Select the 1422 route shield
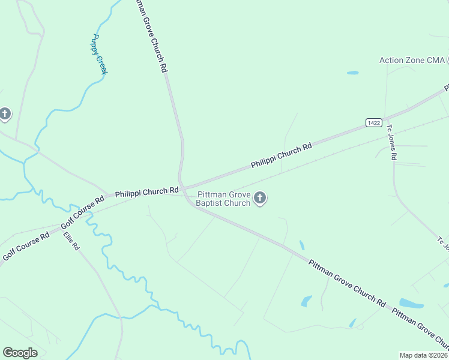(373, 122)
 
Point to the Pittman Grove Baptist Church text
(224, 199)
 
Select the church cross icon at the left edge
(5, 113)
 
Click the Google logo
(20, 353)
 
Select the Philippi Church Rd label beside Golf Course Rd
(147, 191)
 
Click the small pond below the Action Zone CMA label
(352, 73)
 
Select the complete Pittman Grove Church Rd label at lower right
(347, 281)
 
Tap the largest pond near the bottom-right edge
(411, 303)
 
